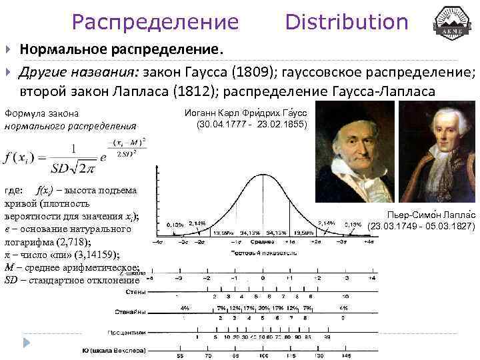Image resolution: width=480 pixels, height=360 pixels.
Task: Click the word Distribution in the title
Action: pyautogui.click(x=346, y=22)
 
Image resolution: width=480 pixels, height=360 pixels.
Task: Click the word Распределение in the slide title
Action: pyautogui.click(x=155, y=22)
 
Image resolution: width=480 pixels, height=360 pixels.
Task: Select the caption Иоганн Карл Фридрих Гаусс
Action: pyautogui.click(x=244, y=114)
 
